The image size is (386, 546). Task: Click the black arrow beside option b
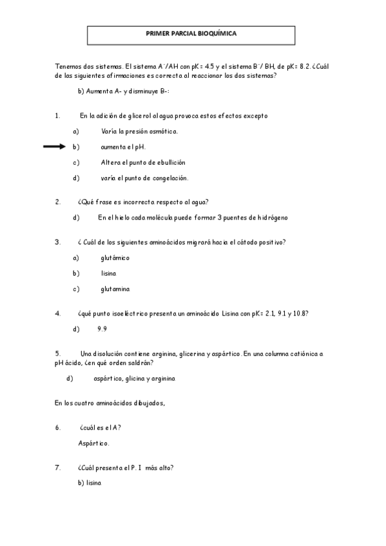tap(54, 147)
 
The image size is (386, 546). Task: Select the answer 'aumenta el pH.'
tap(123, 147)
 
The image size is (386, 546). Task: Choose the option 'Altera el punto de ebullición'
tap(143, 162)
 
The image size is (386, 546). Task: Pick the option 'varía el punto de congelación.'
tap(144, 178)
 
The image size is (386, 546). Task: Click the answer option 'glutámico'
tap(115, 258)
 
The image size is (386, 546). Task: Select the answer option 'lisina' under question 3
tap(108, 273)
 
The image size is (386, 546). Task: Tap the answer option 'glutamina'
tap(115, 288)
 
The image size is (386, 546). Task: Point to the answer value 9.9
tap(102, 329)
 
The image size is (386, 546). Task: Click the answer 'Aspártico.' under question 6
tap(93, 443)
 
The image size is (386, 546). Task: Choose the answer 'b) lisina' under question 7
tap(90, 483)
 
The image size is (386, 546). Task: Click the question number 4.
tap(58, 314)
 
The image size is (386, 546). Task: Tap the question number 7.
tap(58, 467)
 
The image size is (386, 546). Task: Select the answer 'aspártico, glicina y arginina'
tap(130, 378)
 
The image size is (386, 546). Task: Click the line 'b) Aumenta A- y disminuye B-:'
tap(123, 91)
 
